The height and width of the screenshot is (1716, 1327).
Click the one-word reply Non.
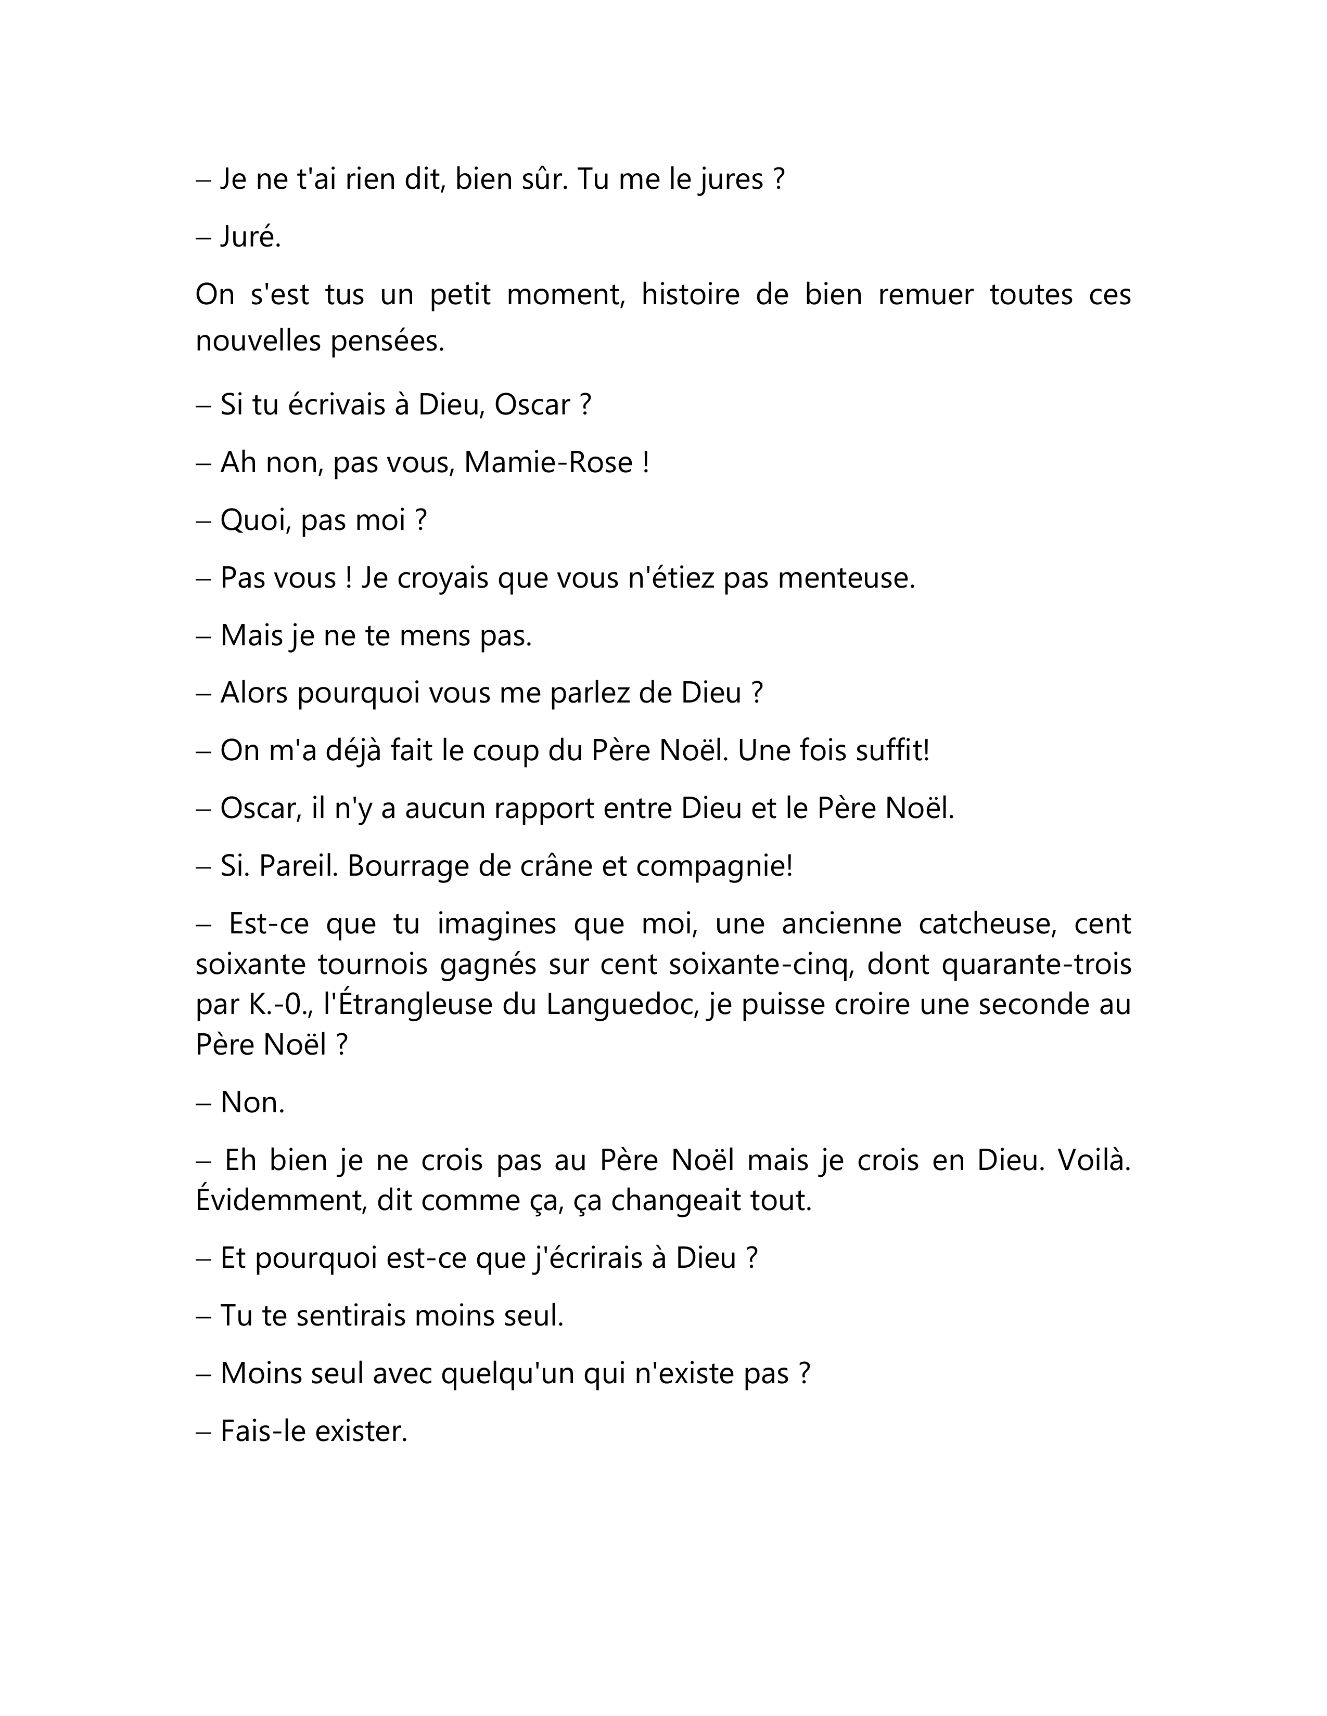(252, 1102)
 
